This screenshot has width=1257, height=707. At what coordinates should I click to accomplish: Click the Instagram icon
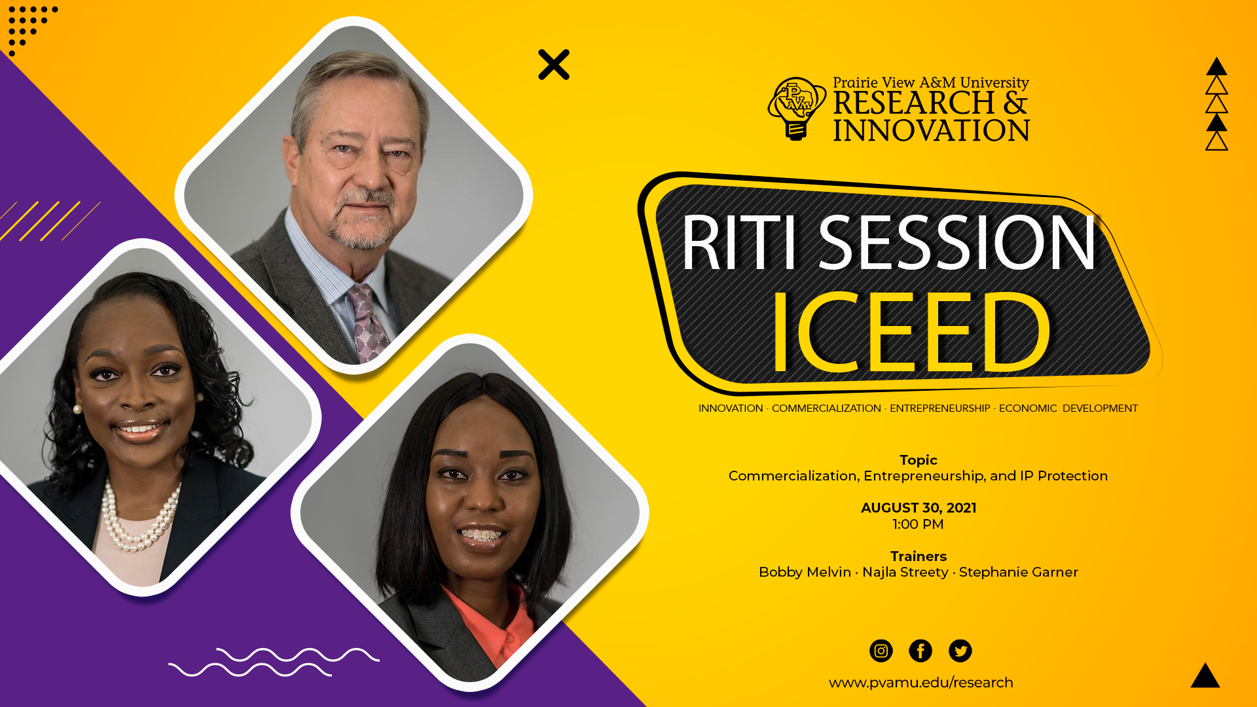tap(881, 651)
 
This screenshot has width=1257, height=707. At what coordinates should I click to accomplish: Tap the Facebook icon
tap(920, 651)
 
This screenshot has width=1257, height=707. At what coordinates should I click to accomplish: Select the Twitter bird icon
tap(960, 651)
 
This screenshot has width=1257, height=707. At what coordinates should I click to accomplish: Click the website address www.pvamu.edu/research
tap(920, 683)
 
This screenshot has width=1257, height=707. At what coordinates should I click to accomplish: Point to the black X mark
tap(554, 65)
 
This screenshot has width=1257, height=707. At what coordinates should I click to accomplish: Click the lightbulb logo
tap(797, 108)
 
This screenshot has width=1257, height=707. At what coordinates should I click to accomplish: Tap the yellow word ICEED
tap(911, 333)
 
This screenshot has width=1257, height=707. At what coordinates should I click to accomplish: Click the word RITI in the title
tap(739, 242)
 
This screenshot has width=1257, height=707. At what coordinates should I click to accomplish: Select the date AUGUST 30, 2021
tap(919, 508)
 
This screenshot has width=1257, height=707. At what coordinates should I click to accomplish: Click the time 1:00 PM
tap(918, 524)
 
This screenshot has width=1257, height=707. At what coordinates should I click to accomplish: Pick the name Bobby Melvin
tap(805, 572)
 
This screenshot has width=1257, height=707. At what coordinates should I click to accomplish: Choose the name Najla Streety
tap(905, 572)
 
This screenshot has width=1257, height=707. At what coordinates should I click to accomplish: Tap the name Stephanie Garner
tap(1018, 572)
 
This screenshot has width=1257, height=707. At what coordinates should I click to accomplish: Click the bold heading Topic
tap(919, 460)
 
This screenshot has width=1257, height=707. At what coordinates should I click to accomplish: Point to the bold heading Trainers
tap(919, 556)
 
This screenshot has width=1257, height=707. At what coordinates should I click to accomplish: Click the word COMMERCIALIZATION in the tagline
tap(826, 408)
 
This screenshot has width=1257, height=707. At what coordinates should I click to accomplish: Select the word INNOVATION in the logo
tap(931, 130)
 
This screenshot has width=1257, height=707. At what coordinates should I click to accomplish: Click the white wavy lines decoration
tap(274, 662)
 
